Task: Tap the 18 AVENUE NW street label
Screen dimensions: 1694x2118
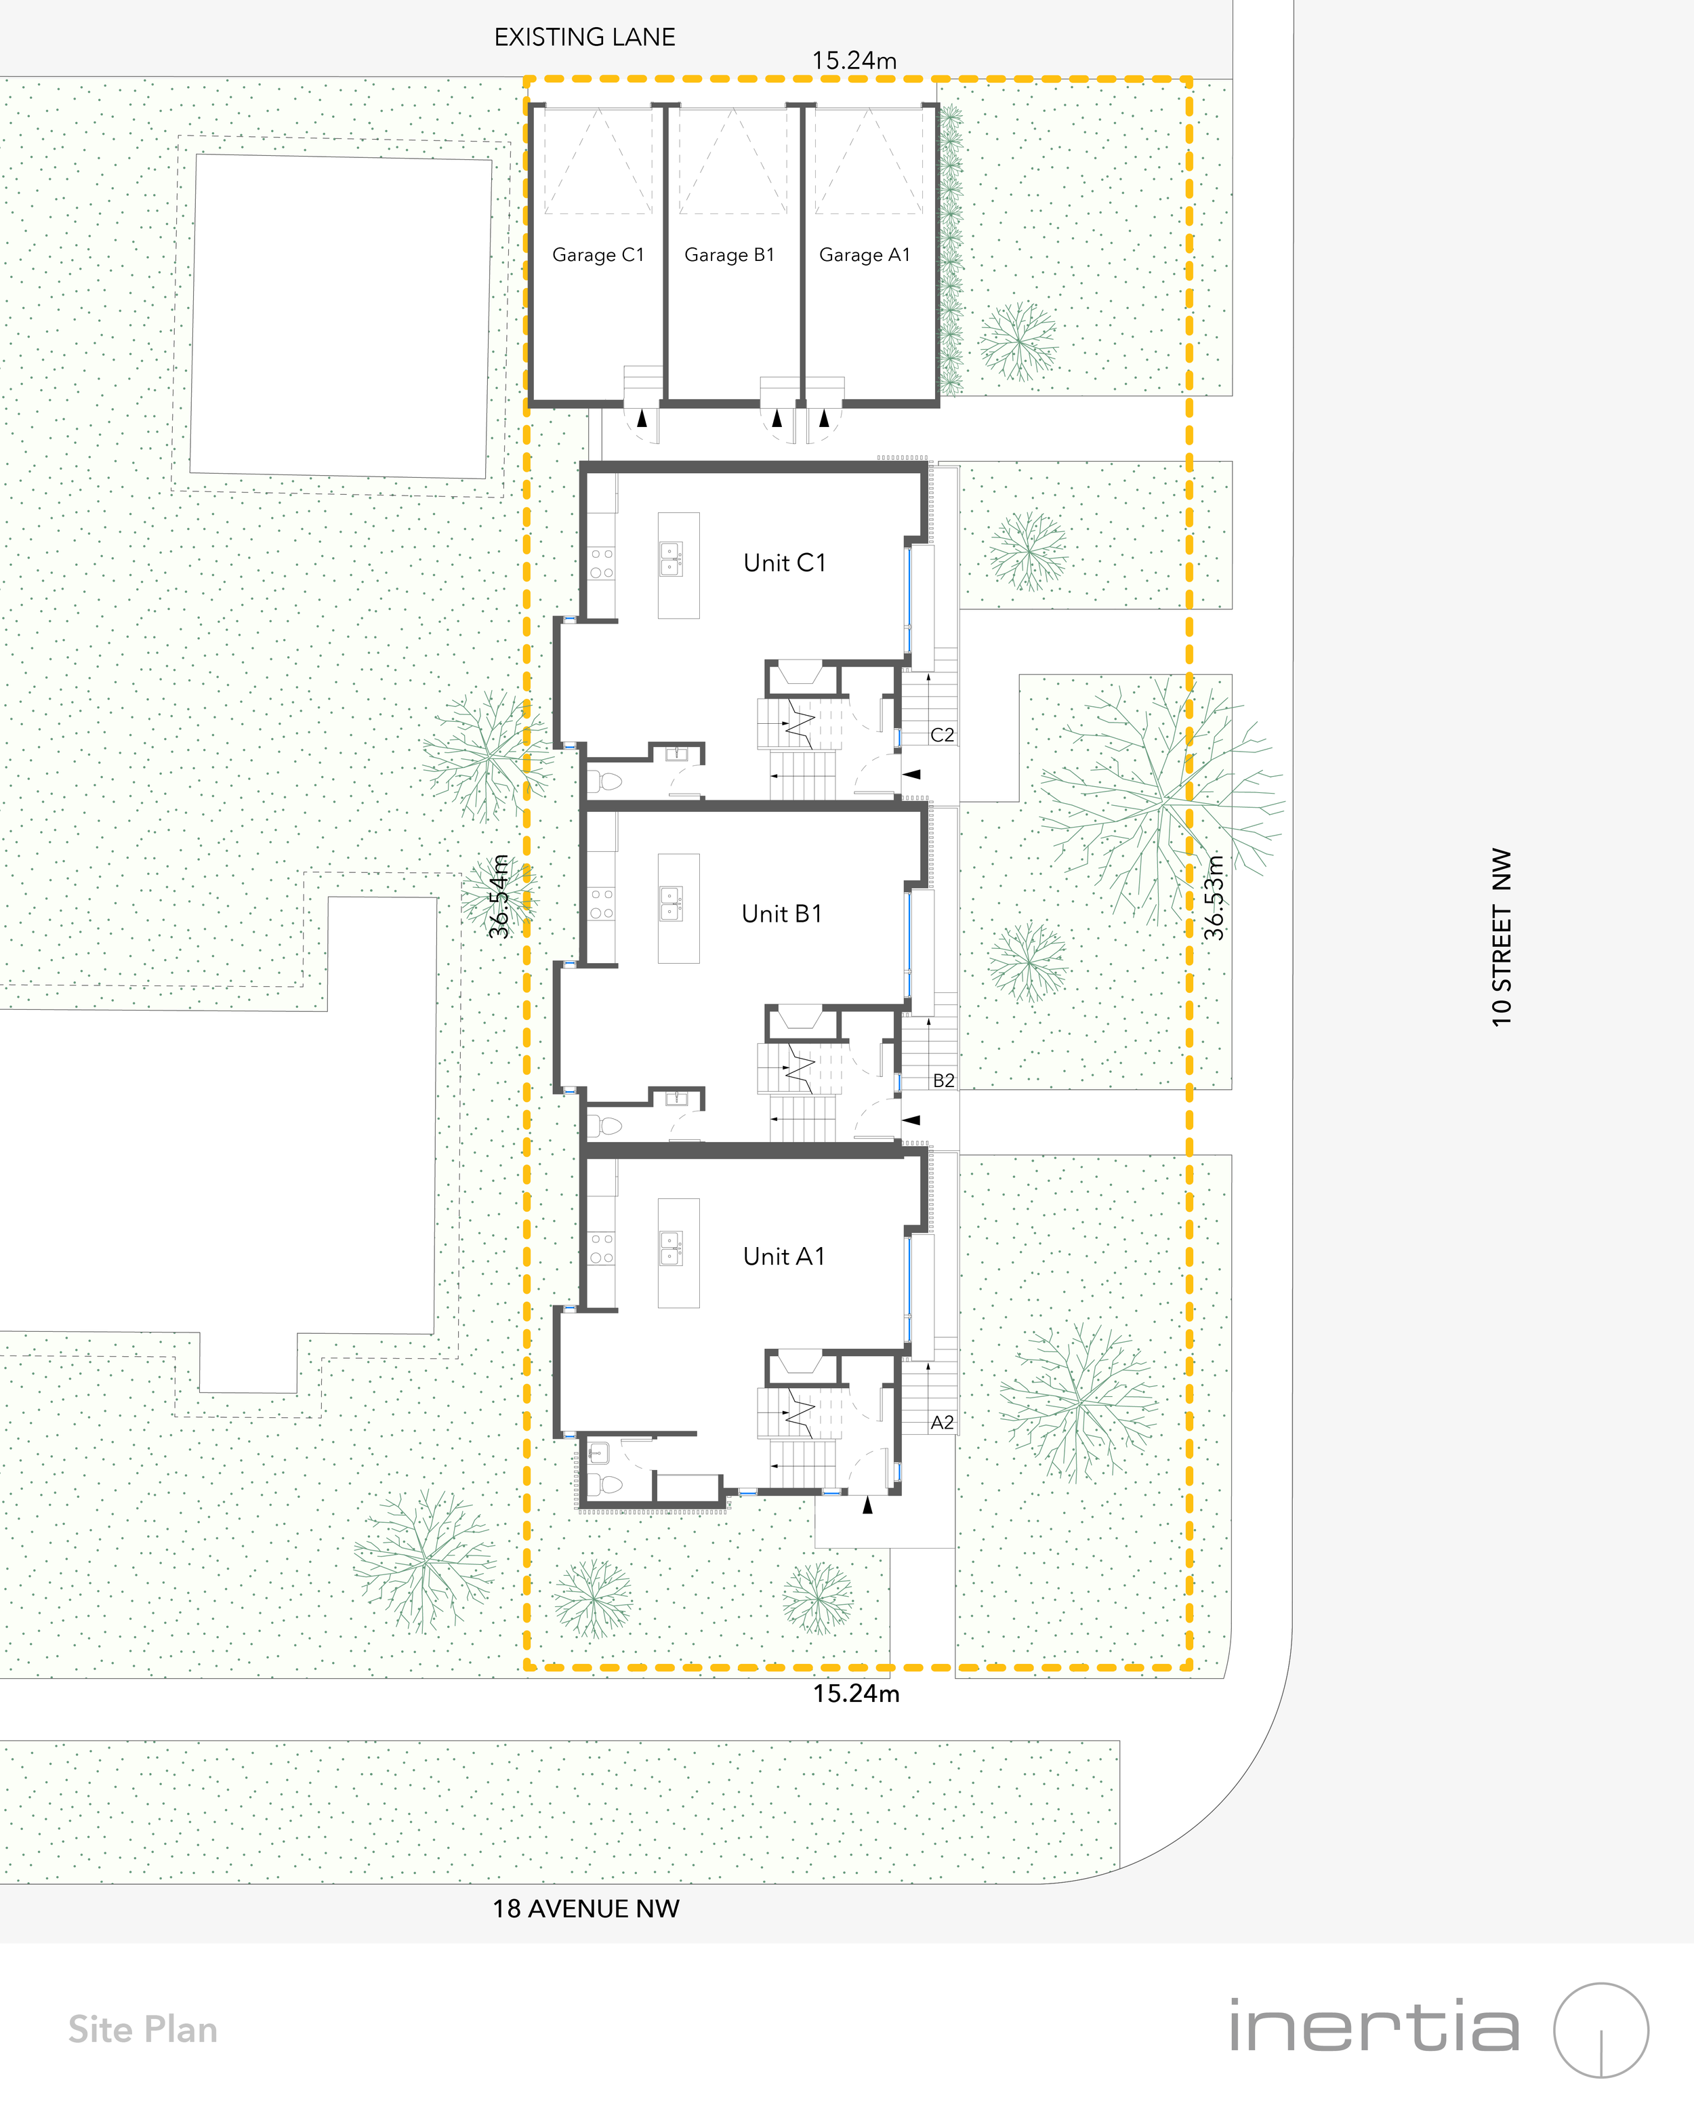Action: [585, 1909]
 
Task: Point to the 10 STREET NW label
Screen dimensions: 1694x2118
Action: [1502, 937]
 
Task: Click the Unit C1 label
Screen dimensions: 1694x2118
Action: [785, 563]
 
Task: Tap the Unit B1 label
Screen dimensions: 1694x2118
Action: [782, 914]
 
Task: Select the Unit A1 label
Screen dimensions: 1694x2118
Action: [784, 1257]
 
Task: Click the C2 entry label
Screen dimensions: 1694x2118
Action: [942, 735]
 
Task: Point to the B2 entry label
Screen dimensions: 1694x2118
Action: [943, 1080]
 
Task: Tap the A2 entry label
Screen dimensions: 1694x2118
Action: [942, 1423]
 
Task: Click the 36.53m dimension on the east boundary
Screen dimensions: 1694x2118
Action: [1215, 897]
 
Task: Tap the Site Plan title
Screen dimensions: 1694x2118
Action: [142, 2030]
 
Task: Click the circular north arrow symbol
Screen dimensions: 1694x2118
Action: [1600, 2031]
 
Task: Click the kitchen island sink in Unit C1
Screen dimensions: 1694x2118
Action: [671, 559]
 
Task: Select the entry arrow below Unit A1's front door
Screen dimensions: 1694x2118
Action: [867, 1504]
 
